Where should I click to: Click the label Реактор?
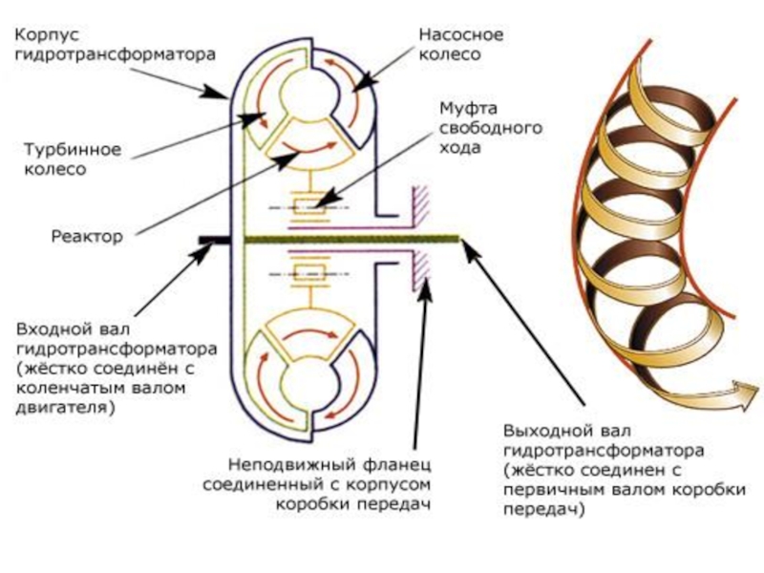pos(87,235)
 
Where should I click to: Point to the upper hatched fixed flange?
pos(418,205)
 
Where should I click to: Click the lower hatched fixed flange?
pos(418,271)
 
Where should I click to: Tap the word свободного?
pos(477,127)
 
